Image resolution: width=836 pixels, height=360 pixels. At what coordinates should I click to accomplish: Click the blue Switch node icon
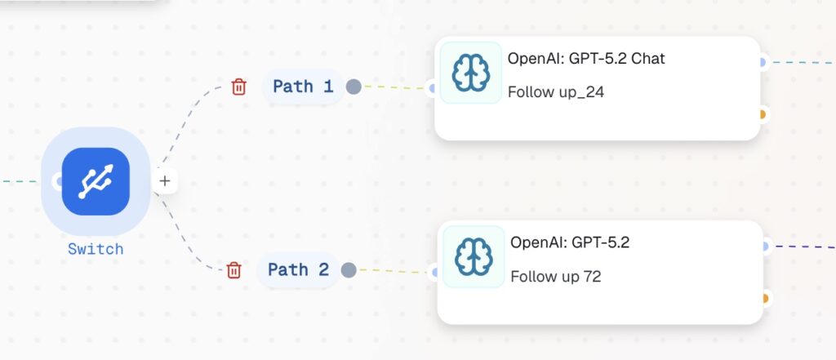[x=96, y=181]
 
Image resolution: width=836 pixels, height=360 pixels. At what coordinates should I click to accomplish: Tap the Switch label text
[x=96, y=249]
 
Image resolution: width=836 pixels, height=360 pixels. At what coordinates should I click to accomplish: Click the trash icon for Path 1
[x=239, y=87]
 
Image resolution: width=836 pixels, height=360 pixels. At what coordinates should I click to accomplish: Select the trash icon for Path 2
[x=233, y=270]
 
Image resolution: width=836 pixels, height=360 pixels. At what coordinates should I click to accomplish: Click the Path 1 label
[x=303, y=86]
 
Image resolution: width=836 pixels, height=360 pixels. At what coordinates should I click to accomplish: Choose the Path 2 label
[x=298, y=269]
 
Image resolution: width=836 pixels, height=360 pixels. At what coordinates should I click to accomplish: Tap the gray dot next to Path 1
[x=354, y=87]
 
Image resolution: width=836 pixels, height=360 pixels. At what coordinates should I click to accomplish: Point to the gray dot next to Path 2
[x=349, y=270]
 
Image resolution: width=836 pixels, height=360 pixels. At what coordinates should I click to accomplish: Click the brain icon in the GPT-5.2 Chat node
[x=471, y=73]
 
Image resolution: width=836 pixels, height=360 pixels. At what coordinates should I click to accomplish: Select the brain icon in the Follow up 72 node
[x=474, y=256]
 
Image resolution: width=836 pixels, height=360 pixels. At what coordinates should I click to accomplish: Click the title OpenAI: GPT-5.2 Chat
[x=586, y=58]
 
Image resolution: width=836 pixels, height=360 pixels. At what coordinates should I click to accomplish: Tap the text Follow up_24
[x=555, y=92]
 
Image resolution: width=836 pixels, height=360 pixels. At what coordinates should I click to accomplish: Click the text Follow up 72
[x=555, y=276]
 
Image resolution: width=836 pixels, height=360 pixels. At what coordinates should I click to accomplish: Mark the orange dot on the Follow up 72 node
[x=765, y=298]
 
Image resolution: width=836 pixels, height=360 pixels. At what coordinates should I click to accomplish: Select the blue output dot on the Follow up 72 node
[x=765, y=247]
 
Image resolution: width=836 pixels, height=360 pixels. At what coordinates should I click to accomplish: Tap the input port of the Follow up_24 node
[x=433, y=88]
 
